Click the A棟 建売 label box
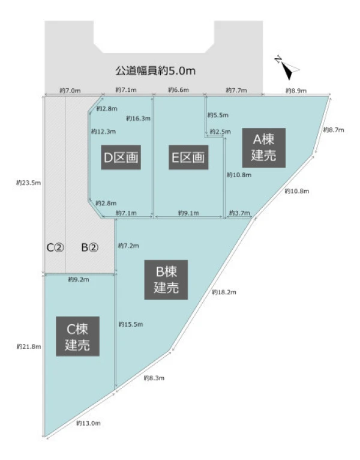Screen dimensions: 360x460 (x=263, y=148)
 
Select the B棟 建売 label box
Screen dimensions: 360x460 (x=166, y=280)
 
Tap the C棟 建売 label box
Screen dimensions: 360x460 (x=77, y=336)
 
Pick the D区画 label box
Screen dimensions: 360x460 (x=121, y=157)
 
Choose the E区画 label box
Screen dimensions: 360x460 (x=188, y=157)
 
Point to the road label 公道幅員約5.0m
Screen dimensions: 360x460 (x=155, y=71)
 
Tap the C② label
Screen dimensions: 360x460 (x=55, y=247)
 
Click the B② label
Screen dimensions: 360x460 (x=90, y=247)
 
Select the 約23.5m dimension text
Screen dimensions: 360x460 (x=28, y=183)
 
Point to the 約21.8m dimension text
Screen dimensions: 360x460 (x=28, y=347)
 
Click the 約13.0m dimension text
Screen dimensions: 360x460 (x=88, y=423)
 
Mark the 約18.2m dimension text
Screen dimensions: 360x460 (x=224, y=292)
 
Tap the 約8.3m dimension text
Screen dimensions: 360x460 (x=154, y=378)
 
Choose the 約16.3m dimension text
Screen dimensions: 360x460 (x=138, y=118)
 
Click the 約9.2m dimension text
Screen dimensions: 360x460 (x=78, y=280)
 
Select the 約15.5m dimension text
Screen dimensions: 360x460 (x=131, y=324)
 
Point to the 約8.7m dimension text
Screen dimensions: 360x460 (x=334, y=130)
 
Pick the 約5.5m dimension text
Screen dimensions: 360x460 (x=218, y=115)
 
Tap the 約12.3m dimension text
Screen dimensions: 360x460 (x=103, y=132)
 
